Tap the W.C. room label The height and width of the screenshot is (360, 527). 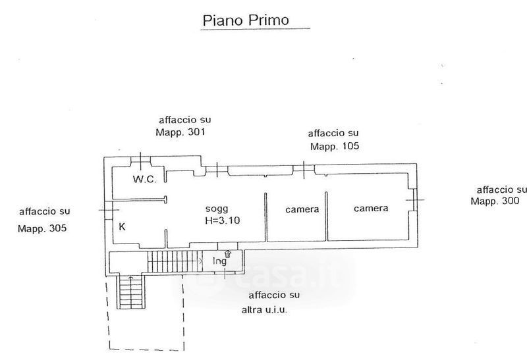point(144,180)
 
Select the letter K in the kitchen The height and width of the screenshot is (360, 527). point(122,227)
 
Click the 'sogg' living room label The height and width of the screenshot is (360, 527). point(216,209)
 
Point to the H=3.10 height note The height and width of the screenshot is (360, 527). point(221,220)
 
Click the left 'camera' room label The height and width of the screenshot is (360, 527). point(302,210)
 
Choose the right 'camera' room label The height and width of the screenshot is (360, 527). point(370,209)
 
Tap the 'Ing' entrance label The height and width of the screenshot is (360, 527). point(219,261)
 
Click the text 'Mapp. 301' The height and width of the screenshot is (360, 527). point(180,132)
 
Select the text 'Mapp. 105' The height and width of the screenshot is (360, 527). point(335,146)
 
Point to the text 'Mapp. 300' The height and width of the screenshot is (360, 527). point(495,201)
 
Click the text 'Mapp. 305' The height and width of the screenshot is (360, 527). point(43,229)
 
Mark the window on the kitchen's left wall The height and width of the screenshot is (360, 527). point(107,209)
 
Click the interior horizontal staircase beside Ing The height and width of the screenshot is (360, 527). point(173,261)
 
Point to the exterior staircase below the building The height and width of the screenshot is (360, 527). point(126,292)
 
